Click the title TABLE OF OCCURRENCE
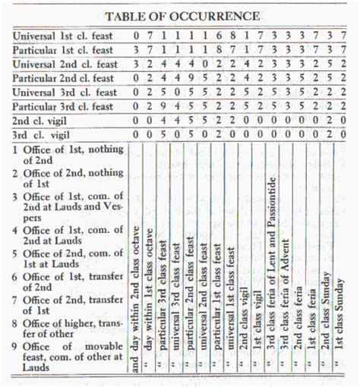coord(182,15)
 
